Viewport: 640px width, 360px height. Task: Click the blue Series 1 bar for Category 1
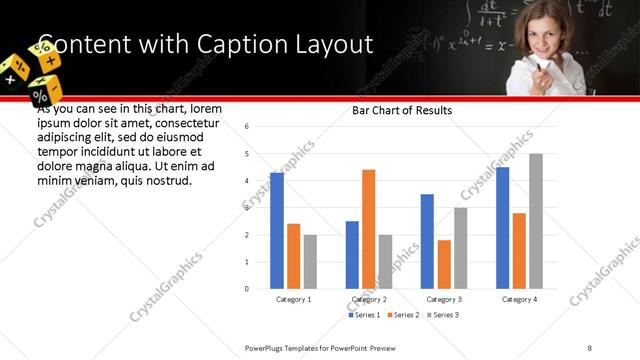(277, 231)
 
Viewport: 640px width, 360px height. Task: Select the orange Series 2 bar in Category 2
(368, 229)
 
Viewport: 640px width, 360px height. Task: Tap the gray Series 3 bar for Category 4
(536, 221)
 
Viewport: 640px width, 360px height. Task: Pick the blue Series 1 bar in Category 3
(427, 241)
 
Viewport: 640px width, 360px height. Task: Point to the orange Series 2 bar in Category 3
(444, 264)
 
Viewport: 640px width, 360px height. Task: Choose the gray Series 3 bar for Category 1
(310, 262)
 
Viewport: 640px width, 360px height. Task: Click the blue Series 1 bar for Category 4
(502, 228)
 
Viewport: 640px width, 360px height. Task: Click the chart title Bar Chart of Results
(402, 110)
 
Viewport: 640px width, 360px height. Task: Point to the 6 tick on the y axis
(247, 127)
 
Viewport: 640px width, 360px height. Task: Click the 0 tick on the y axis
(247, 289)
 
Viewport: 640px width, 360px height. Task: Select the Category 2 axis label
(369, 299)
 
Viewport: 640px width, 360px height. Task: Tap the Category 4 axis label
(519, 299)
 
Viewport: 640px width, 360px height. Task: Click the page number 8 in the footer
(590, 346)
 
